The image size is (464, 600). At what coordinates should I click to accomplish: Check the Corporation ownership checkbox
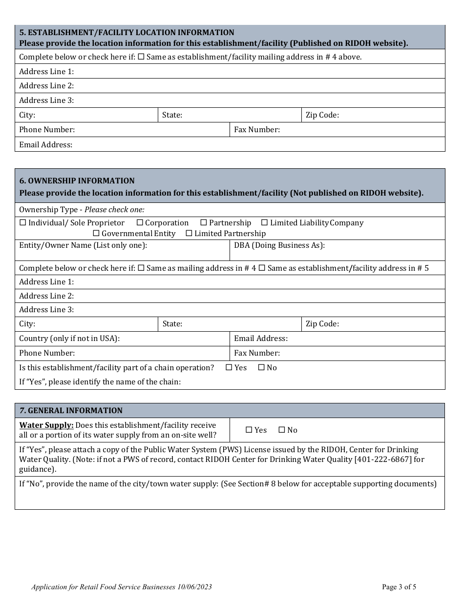pyautogui.click(x=140, y=223)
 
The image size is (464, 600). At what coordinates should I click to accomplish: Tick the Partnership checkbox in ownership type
pyautogui.click(x=204, y=223)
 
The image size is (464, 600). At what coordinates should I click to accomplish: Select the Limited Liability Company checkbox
pyautogui.click(x=265, y=223)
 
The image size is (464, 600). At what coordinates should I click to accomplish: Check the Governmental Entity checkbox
pyautogui.click(x=96, y=234)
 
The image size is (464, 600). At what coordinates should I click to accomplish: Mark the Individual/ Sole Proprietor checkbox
pyautogui.click(x=22, y=223)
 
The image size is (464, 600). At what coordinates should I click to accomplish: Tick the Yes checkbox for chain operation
pyautogui.click(x=229, y=368)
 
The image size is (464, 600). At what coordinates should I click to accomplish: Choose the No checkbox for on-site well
pyautogui.click(x=282, y=430)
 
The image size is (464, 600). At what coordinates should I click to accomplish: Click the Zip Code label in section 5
pyautogui.click(x=322, y=116)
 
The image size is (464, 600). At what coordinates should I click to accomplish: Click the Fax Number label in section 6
pyautogui.click(x=257, y=353)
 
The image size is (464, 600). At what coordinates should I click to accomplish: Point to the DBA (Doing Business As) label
pyautogui.click(x=279, y=245)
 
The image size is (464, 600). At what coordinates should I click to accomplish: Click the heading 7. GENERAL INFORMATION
pyautogui.click(x=71, y=411)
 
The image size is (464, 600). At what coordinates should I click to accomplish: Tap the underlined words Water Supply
pyautogui.click(x=46, y=425)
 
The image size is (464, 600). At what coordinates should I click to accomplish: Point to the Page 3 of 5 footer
pyautogui.click(x=399, y=587)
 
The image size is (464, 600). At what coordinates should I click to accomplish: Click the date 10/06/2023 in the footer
pyautogui.click(x=194, y=587)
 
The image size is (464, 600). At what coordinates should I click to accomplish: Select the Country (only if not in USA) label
pyautogui.click(x=69, y=339)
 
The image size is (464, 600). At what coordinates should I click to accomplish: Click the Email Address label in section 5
pyautogui.click(x=46, y=145)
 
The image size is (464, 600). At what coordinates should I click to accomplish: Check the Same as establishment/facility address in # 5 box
pyautogui.click(x=262, y=268)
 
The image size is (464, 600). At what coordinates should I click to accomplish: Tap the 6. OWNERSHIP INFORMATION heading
pyautogui.click(x=77, y=181)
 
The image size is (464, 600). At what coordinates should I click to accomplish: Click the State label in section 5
pyautogui.click(x=172, y=116)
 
